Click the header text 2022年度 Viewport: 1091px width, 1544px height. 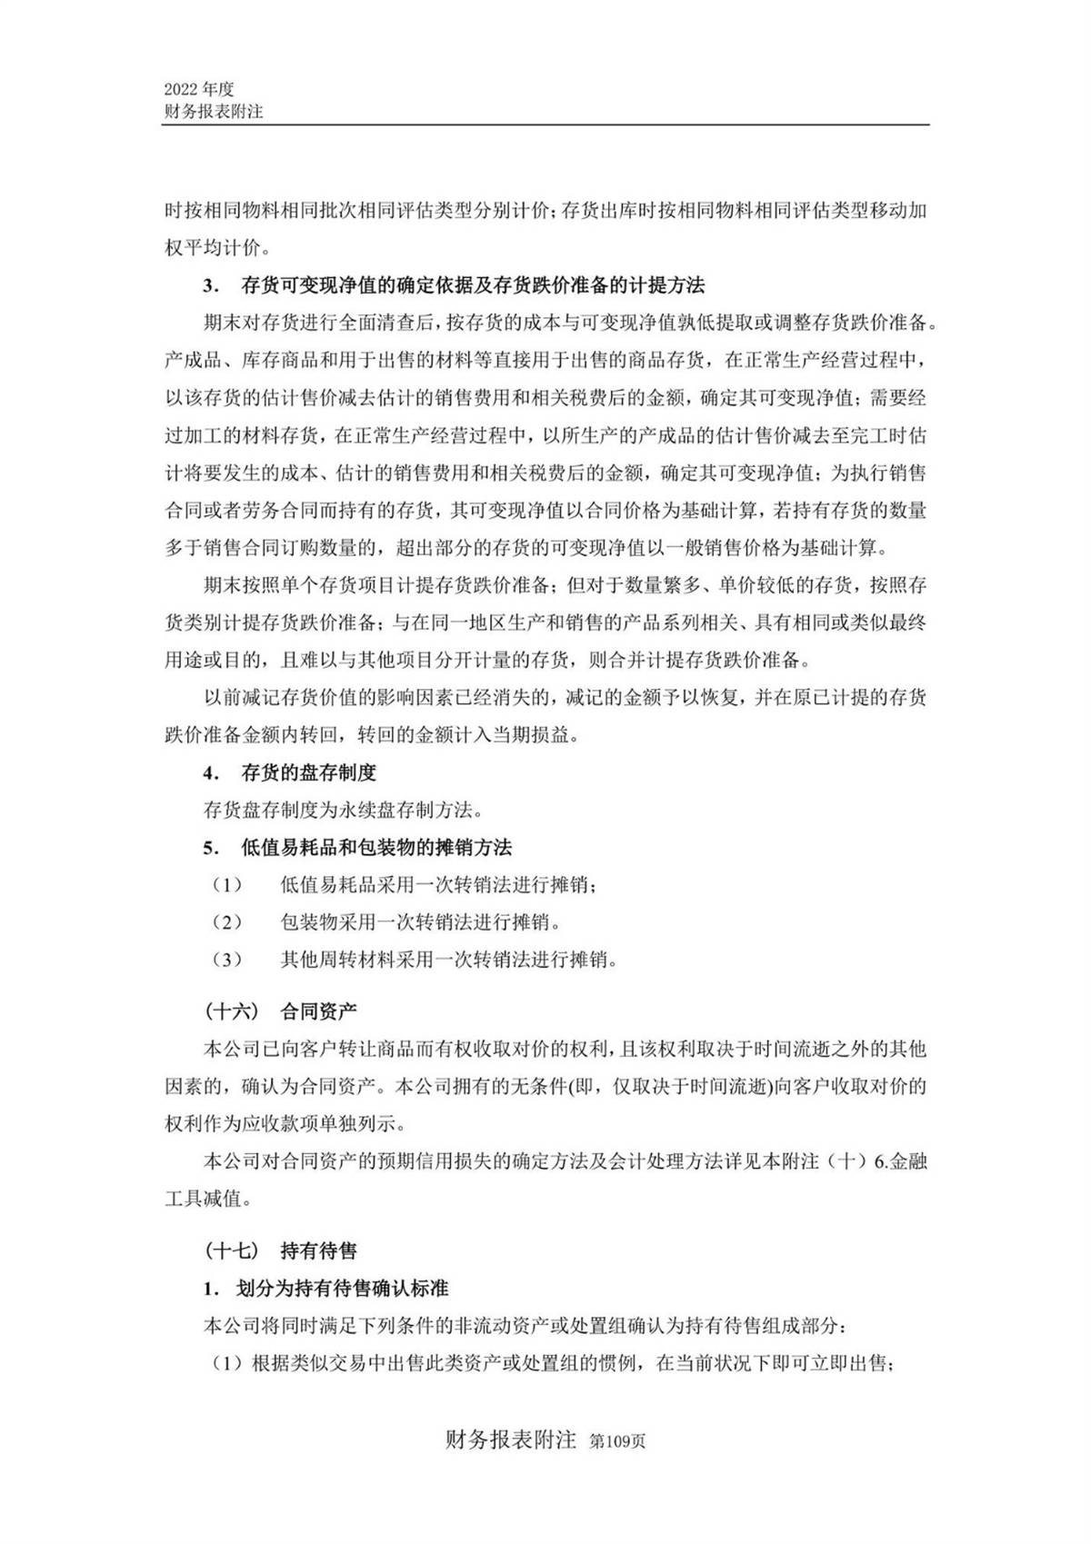199,89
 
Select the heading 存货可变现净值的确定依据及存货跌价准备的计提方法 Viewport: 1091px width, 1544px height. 473,285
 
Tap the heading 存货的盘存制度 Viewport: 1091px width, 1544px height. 308,772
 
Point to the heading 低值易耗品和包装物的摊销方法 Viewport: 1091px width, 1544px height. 376,847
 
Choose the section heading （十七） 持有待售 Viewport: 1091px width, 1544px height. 281,1250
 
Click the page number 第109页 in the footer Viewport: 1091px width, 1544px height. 617,1442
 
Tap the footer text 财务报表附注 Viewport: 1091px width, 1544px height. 511,1440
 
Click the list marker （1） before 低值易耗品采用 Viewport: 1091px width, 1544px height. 227,885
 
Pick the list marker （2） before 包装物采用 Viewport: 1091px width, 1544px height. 227,922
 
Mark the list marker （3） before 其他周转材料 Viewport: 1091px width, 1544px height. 227,960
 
